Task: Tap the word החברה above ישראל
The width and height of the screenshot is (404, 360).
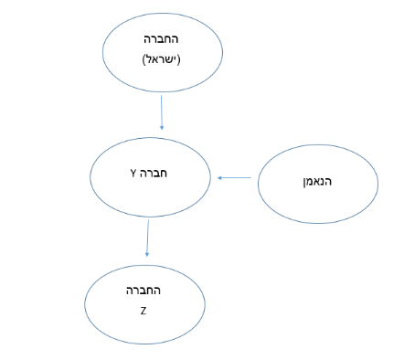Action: (x=161, y=39)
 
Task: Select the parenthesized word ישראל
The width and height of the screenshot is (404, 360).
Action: (x=161, y=59)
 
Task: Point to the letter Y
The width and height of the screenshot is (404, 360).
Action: (x=133, y=174)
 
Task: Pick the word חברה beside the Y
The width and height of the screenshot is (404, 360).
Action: (x=154, y=174)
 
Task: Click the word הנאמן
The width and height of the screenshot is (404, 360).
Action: (x=317, y=182)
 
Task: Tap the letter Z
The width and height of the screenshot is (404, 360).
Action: (x=144, y=311)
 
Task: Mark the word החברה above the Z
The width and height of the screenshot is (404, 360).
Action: (x=144, y=291)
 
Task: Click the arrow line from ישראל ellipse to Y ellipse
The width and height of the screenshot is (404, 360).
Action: (x=162, y=112)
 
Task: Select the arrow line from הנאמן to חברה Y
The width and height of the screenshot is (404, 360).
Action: (x=234, y=178)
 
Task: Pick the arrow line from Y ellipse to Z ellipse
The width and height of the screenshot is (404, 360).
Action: (x=148, y=238)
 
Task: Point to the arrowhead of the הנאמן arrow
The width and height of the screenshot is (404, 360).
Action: (x=219, y=178)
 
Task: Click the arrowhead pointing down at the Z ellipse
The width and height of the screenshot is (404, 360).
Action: (x=147, y=255)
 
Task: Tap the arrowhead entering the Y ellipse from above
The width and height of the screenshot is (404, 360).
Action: (x=162, y=128)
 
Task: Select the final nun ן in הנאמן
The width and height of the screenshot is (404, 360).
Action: (x=304, y=182)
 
